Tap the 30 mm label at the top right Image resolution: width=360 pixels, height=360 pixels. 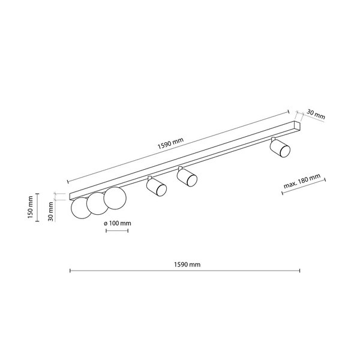point(316,113)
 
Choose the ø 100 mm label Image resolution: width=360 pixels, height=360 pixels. point(117,223)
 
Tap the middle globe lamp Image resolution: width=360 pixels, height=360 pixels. point(97,203)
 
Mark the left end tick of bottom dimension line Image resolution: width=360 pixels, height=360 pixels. point(70,271)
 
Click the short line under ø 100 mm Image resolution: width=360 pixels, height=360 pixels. point(116,230)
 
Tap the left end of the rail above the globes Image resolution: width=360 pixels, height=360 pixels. point(71,196)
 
